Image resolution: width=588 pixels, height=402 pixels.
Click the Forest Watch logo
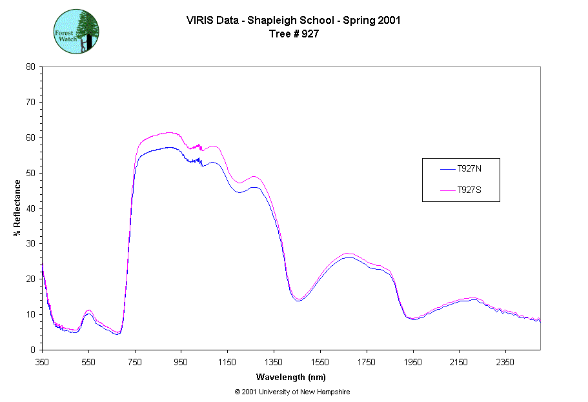pyautogui.click(x=76, y=31)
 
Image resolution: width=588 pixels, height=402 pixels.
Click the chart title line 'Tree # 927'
pyautogui.click(x=294, y=34)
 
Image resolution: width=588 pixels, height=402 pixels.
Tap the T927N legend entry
pyautogui.click(x=469, y=169)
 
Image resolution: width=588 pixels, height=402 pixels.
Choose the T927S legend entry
pyautogui.click(x=469, y=190)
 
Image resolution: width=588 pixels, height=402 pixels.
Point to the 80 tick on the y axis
pyautogui.click(x=30, y=66)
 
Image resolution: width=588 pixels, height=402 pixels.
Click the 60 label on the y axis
pyautogui.click(x=30, y=137)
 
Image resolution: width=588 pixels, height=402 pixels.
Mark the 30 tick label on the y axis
pyautogui.click(x=30, y=243)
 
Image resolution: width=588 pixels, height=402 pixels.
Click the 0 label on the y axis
pyautogui.click(x=33, y=350)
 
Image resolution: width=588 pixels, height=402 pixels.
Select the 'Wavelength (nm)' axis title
pyautogui.click(x=290, y=376)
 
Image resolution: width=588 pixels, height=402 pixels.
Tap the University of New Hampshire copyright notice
pyautogui.click(x=292, y=392)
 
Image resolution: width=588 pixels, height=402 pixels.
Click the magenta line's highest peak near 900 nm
pyautogui.click(x=169, y=132)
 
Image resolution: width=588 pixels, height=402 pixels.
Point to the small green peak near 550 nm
pyautogui.click(x=89, y=311)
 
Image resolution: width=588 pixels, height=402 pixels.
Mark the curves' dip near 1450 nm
pyautogui.click(x=298, y=300)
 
